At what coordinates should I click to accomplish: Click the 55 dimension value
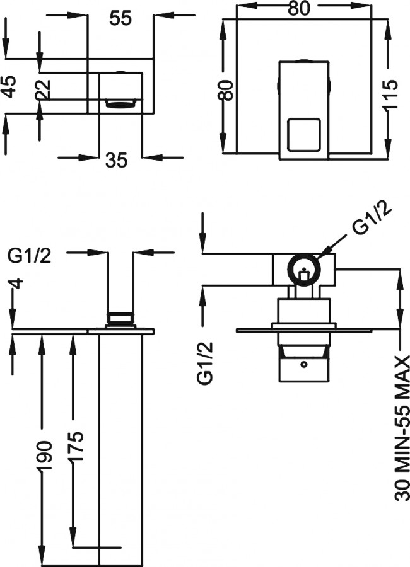pos(120,18)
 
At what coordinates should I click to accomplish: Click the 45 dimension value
pos(9,86)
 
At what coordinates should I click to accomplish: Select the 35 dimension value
pos(117,159)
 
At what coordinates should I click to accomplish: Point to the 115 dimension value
pos(390,94)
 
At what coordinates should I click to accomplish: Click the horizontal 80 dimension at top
pos(299,9)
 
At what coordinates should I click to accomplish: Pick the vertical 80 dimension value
pos(226,91)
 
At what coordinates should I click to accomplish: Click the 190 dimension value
pos(45,455)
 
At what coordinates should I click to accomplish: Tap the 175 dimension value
pos(76,446)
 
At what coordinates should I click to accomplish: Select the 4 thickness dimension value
pos(15,283)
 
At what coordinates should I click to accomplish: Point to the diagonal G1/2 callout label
pos(372,219)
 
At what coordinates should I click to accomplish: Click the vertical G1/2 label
pos(204,363)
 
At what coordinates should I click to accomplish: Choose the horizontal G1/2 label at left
pos(30,256)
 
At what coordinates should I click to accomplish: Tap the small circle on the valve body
pos(304,365)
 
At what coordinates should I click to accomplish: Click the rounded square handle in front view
pos(303,135)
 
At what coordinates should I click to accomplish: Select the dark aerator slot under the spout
pos(121,104)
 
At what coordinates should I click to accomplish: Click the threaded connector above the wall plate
pos(120,319)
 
